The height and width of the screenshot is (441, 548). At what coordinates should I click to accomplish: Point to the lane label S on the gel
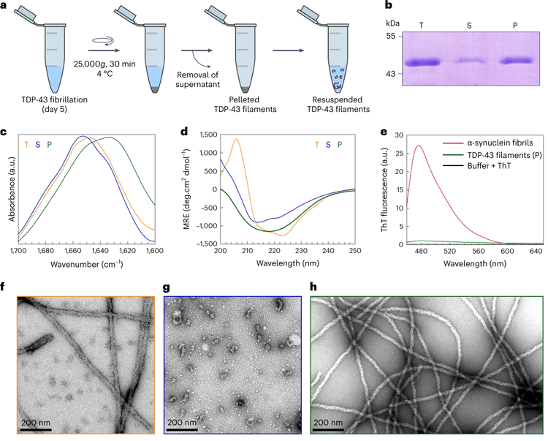pos(469,26)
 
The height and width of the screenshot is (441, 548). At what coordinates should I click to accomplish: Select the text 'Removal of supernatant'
pos(192,79)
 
